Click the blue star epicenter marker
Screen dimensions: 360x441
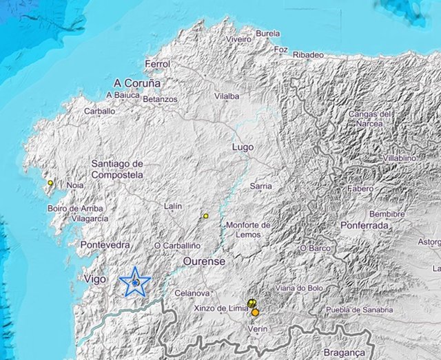pyautogui.click(x=135, y=282)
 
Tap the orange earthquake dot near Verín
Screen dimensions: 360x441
pyautogui.click(x=256, y=312)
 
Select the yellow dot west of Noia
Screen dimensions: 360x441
pyautogui.click(x=50, y=183)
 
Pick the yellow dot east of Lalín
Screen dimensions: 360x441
pyautogui.click(x=205, y=216)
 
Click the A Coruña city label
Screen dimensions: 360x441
pyautogui.click(x=138, y=83)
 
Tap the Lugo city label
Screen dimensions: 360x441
pyautogui.click(x=243, y=147)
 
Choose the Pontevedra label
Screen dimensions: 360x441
pyautogui.click(x=105, y=245)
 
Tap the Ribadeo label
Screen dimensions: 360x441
pyautogui.click(x=308, y=54)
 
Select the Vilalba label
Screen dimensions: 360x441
pyautogui.click(x=227, y=96)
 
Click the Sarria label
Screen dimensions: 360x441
pyautogui.click(x=260, y=186)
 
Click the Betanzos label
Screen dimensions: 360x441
pyautogui.click(x=160, y=99)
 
